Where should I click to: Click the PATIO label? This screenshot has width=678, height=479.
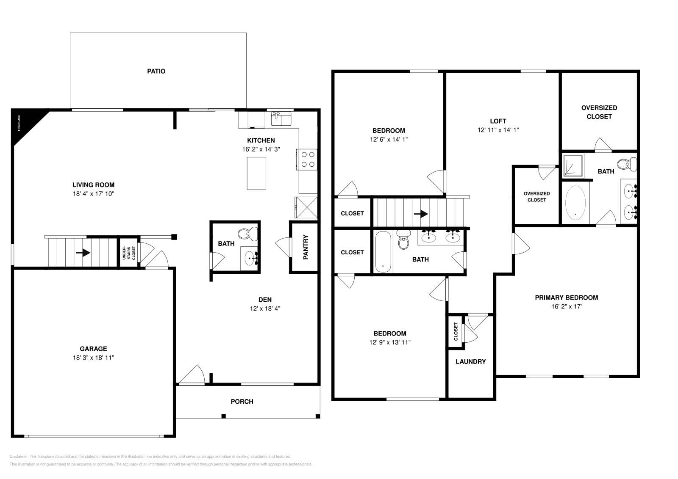tap(156, 71)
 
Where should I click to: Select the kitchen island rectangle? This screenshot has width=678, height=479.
tap(256, 173)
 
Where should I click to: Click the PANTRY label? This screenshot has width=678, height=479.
tap(306, 247)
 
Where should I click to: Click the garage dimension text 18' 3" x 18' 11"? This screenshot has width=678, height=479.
tap(93, 358)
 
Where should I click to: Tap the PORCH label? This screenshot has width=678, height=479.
tap(242, 401)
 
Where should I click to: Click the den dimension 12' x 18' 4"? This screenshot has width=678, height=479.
tap(265, 308)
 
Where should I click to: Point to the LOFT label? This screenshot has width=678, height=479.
tap(498, 121)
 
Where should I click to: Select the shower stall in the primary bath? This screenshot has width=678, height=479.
tap(572, 165)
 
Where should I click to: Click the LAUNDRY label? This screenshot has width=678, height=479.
tap(470, 361)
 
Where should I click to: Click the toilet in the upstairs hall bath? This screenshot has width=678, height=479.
tap(403, 241)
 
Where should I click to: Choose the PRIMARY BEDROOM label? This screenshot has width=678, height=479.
tap(566, 297)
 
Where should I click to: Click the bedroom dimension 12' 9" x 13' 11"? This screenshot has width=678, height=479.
tap(389, 342)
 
